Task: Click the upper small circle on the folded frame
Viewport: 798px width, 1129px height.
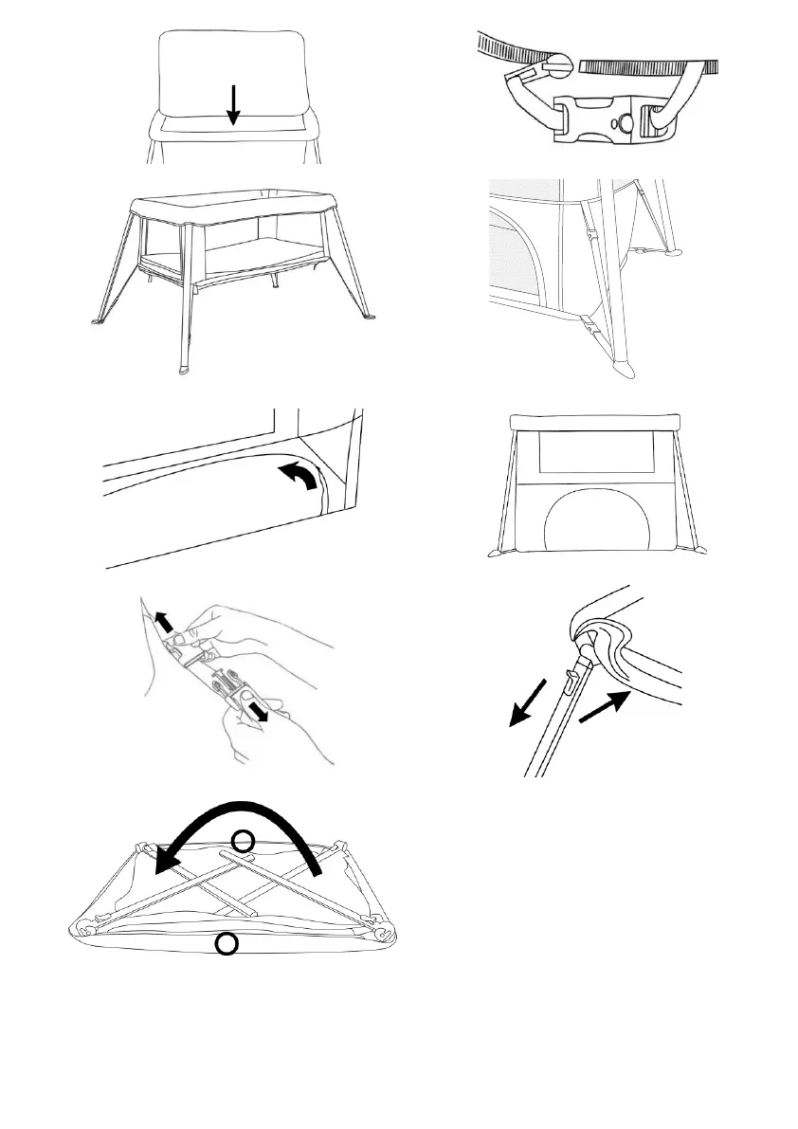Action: [244, 841]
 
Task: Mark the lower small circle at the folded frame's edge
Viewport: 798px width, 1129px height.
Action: [226, 943]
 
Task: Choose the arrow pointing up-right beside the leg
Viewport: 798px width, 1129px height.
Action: [603, 707]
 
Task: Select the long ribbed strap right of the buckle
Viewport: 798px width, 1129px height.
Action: [649, 66]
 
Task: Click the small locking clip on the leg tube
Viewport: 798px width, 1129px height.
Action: [570, 677]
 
